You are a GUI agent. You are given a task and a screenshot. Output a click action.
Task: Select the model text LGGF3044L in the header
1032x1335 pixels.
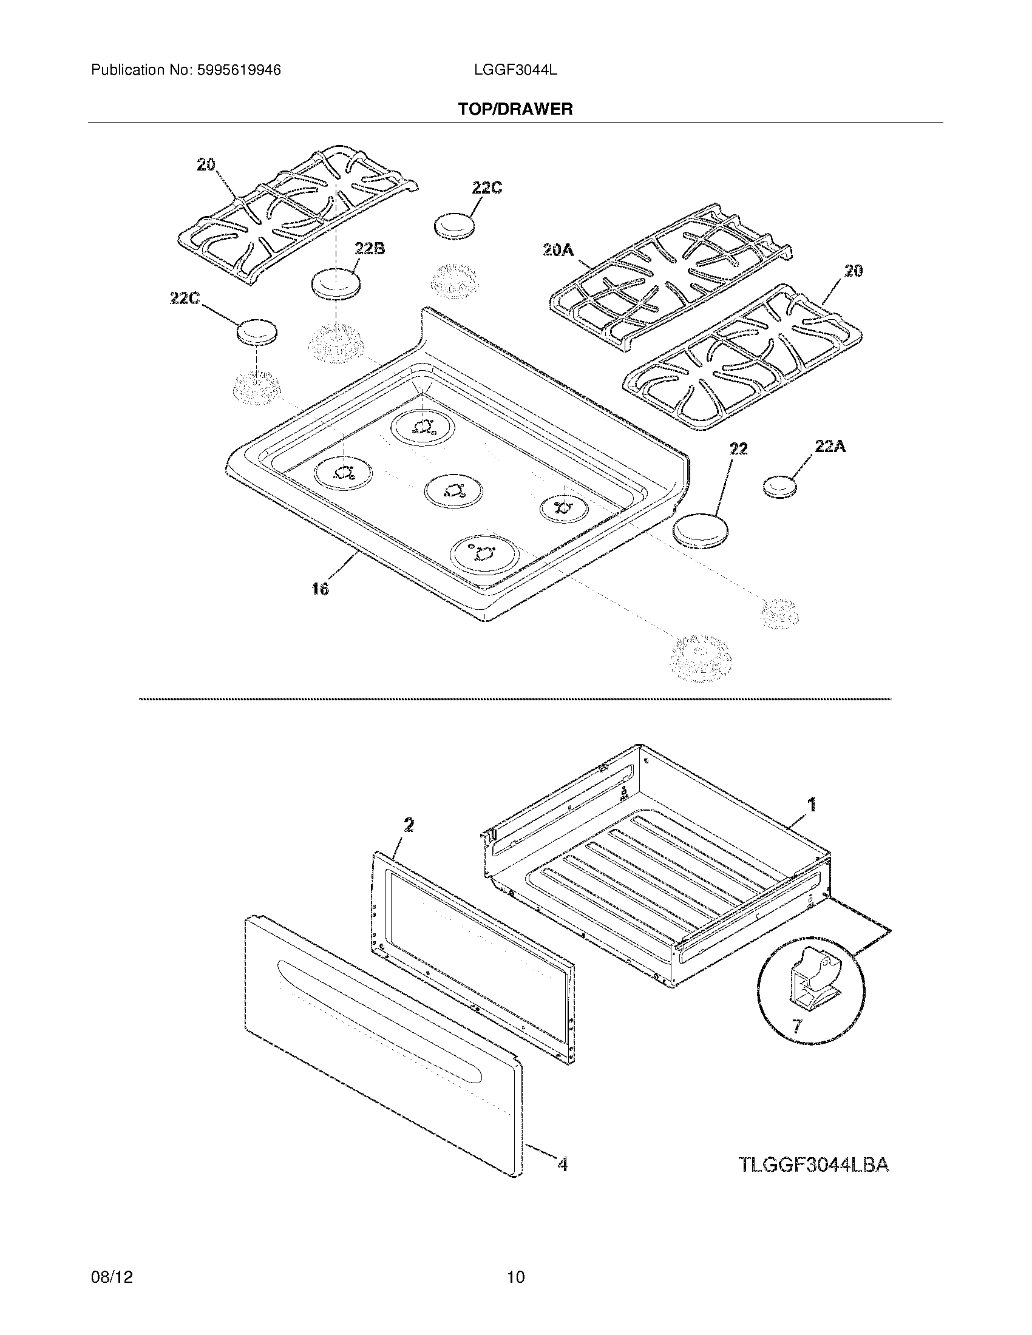coord(515,70)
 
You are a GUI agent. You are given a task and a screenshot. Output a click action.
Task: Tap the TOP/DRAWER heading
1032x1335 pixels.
coord(515,109)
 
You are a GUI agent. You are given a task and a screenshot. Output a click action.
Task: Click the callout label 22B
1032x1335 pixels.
coord(369,249)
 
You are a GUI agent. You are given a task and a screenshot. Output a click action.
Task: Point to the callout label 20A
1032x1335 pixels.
coord(558,249)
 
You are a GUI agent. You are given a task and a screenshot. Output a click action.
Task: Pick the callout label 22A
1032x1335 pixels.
coord(830,447)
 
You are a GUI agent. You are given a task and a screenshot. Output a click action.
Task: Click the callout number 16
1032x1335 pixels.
coord(320,589)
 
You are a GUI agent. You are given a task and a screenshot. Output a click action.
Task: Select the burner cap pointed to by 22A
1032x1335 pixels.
coord(781,487)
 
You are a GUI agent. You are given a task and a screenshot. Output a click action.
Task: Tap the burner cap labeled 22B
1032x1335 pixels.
coord(335,283)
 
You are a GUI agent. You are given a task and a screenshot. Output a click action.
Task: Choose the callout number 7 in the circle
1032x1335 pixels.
coord(796,1026)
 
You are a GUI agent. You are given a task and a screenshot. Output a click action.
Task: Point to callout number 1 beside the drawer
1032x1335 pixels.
coord(812,806)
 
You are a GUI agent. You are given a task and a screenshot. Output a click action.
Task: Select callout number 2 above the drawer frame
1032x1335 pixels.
coord(409,825)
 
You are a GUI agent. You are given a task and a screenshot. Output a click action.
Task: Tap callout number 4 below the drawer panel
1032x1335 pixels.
coord(563,1165)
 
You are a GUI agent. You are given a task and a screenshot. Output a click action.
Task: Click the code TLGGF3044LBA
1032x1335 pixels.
coord(813,1165)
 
